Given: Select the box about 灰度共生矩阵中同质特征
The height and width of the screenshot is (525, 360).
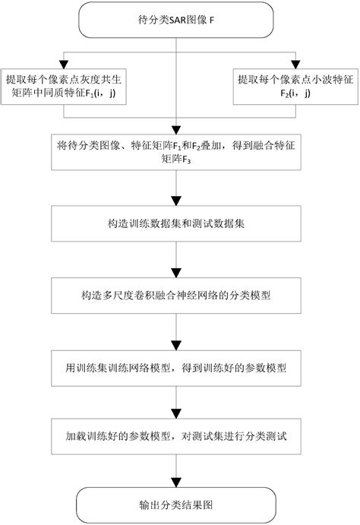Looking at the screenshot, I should coord(66,87).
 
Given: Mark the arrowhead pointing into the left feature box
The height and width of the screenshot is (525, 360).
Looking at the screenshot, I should coord(66,63).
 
